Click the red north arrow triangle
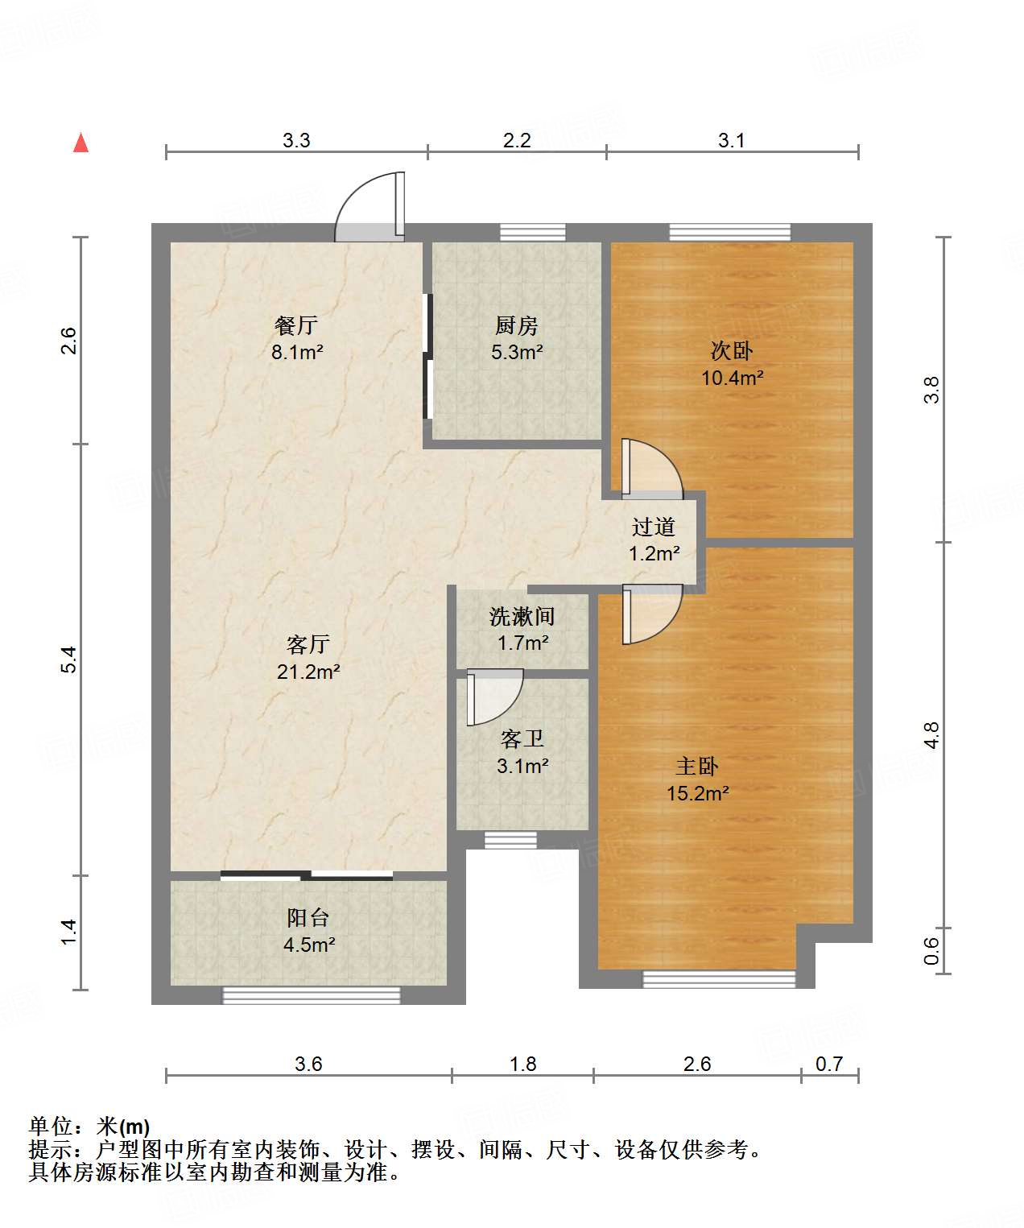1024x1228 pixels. pyautogui.click(x=81, y=143)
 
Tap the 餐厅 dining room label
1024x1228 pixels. pyautogui.click(x=295, y=325)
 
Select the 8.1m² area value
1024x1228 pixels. pyautogui.click(x=297, y=352)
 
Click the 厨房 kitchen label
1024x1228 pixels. pyautogui.click(x=516, y=325)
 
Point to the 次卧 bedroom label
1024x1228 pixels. pyautogui.click(x=732, y=350)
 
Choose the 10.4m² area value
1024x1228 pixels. pyautogui.click(x=733, y=377)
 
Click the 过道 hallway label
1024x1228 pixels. pyautogui.click(x=654, y=527)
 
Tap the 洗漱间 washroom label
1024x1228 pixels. pyautogui.click(x=522, y=616)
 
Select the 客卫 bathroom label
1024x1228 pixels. pyautogui.click(x=522, y=738)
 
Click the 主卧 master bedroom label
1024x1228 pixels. pyautogui.click(x=698, y=766)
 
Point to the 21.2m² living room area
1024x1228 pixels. pyautogui.click(x=309, y=671)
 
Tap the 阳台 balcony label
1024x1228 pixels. pyautogui.click(x=308, y=917)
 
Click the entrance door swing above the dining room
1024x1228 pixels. pyautogui.click(x=370, y=206)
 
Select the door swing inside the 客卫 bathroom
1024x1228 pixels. pyautogui.click(x=494, y=697)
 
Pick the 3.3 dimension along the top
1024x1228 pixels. pyautogui.click(x=296, y=140)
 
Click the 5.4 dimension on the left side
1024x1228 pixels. pyautogui.click(x=68, y=659)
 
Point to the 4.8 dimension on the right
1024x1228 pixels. pyautogui.click(x=931, y=734)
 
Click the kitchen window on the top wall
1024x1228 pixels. pyautogui.click(x=532, y=232)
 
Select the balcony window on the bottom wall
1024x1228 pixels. pyautogui.click(x=311, y=995)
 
